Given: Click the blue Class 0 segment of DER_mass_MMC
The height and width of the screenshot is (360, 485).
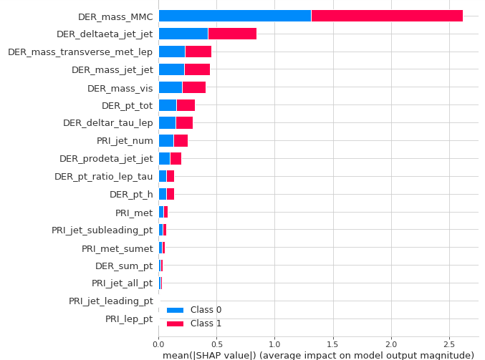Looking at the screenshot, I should click(234, 16).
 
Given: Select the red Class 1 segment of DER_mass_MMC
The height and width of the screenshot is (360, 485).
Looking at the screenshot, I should click(387, 16).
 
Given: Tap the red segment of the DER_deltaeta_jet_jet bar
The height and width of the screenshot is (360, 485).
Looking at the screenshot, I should click(232, 34).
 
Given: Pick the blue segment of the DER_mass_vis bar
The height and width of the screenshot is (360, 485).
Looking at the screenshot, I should click(170, 87).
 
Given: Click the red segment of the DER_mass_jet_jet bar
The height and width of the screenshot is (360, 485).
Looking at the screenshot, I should click(197, 69).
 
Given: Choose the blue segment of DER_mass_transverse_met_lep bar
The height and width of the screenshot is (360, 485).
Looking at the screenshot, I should click(171, 52).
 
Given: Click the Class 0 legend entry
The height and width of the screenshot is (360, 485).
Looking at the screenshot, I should click(194, 310).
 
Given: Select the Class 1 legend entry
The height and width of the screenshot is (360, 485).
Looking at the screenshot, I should click(194, 323).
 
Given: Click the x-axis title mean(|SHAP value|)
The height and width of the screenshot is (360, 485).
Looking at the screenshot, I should click(318, 355).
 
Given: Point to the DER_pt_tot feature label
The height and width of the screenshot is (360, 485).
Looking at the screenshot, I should click(127, 105).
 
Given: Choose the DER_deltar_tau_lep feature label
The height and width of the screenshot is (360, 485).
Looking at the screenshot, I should click(107, 123).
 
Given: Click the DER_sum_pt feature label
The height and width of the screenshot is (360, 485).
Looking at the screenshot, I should click(124, 266).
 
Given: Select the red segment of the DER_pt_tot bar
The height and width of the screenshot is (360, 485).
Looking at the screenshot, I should click(186, 105).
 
